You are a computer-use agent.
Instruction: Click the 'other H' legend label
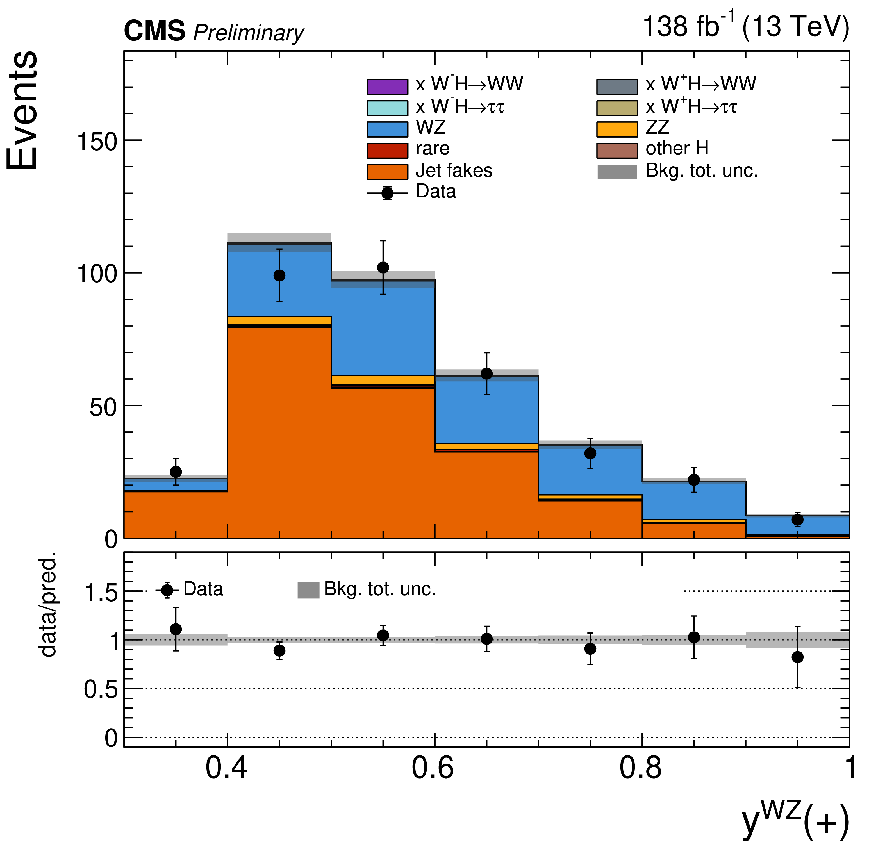point(677,149)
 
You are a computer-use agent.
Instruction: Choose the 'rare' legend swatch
point(387,150)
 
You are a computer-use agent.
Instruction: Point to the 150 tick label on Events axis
point(97,141)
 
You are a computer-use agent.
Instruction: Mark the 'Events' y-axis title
point(22,111)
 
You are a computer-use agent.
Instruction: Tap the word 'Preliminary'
point(248,33)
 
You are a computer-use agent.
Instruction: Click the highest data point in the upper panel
point(383,267)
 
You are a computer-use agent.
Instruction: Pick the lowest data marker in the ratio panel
point(797,657)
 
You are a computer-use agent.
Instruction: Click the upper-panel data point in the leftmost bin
point(176,472)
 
